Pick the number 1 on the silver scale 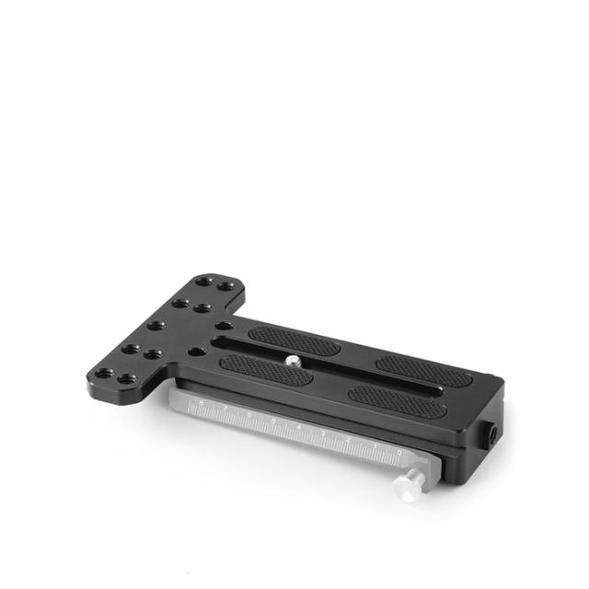(374, 446)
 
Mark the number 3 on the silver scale (322, 433)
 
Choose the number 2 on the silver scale (348, 440)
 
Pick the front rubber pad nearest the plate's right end (398, 397)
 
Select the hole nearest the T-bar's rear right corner (225, 287)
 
